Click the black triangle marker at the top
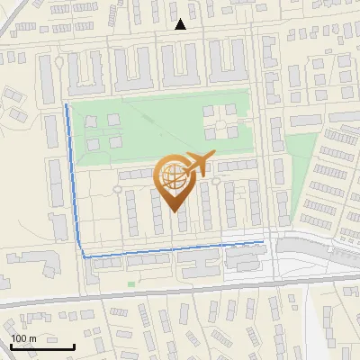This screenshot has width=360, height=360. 181,24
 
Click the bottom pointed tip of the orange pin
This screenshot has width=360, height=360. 174,210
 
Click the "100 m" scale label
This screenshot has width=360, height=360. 24,338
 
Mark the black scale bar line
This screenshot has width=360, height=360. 42,346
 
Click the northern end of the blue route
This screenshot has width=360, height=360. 67,105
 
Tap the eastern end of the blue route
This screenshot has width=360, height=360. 263,241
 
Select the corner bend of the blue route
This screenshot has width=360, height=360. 85,256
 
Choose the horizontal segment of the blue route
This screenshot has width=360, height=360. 171,248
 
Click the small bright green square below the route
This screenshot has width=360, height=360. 131,284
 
